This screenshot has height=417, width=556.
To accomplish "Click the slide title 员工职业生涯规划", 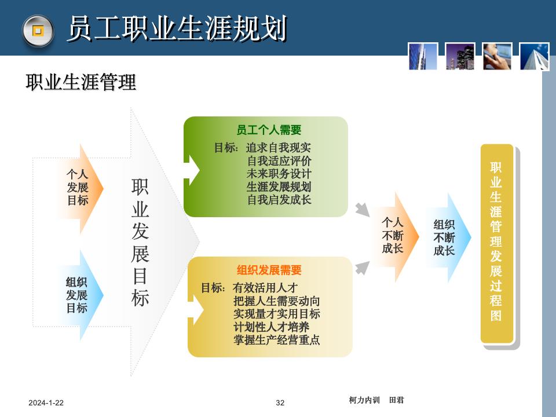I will (x=177, y=29).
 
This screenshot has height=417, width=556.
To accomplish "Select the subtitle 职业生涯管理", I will (x=81, y=82).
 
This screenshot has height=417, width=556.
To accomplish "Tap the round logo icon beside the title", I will (x=38, y=30).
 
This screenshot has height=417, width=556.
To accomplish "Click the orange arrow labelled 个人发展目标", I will (x=78, y=188).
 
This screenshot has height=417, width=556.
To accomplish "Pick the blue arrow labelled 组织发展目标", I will (x=78, y=295).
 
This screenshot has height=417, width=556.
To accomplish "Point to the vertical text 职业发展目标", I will (x=140, y=242).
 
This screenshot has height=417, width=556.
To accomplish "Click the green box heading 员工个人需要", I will (x=269, y=130).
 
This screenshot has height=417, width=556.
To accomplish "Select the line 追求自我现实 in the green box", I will (x=279, y=148).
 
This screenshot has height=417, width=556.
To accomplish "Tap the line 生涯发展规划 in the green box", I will (x=279, y=187).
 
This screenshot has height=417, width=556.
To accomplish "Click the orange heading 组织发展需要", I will (x=269, y=270).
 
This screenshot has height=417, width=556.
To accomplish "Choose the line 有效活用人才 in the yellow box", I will (x=265, y=287).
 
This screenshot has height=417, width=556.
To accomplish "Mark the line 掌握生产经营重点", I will (x=276, y=340).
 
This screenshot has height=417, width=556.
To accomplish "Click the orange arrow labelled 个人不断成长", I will (x=393, y=236).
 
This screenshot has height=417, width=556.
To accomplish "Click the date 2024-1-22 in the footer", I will (x=46, y=403).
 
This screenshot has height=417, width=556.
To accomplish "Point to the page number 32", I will (x=280, y=403).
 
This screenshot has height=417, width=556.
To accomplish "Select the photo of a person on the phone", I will (x=498, y=57).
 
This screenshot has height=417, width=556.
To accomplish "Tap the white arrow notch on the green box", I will (x=192, y=170).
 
